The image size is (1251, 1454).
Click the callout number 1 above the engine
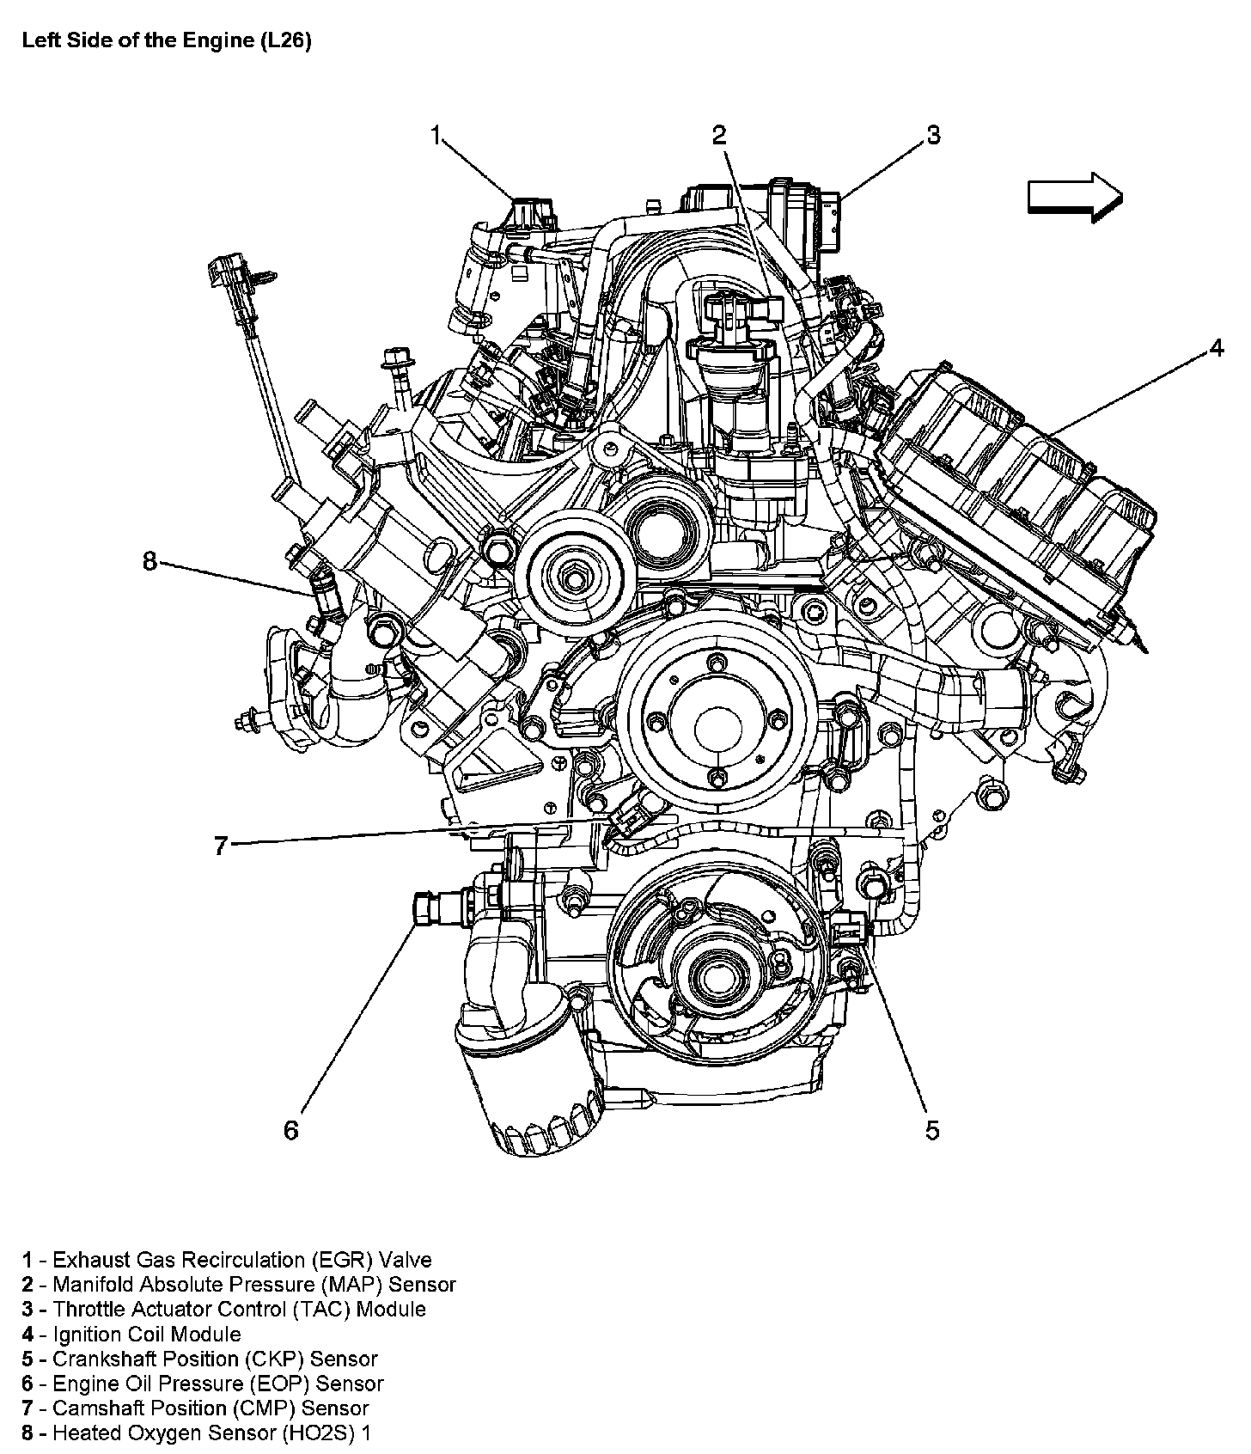click(x=436, y=136)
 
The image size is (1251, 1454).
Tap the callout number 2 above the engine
click(x=718, y=135)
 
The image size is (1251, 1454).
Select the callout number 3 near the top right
click(x=933, y=135)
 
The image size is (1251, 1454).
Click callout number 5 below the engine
click(x=932, y=1130)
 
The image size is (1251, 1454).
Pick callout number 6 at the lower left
click(x=291, y=1130)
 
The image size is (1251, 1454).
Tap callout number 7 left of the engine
click(x=221, y=846)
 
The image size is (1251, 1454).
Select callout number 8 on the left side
click(x=150, y=561)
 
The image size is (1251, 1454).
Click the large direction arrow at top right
click(x=1075, y=197)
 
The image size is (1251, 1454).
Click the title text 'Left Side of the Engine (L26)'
click(x=166, y=41)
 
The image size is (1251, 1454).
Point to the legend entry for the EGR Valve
click(x=227, y=1261)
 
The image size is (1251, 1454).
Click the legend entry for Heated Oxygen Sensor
click(x=197, y=1433)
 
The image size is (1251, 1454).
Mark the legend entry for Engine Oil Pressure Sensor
click(x=203, y=1384)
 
